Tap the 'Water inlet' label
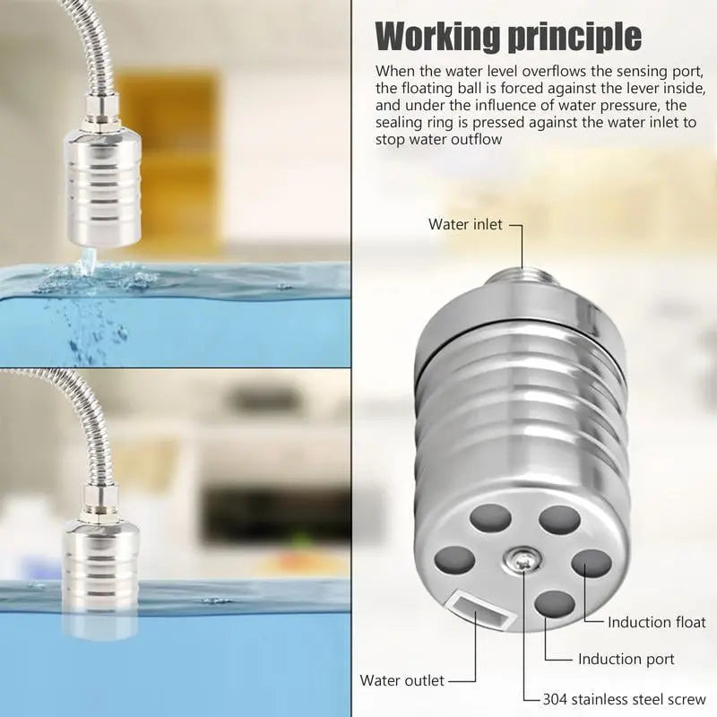(465, 224)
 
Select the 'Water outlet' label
(402, 680)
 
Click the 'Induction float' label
(656, 621)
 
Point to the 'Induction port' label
(626, 660)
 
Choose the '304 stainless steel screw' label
(624, 699)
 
